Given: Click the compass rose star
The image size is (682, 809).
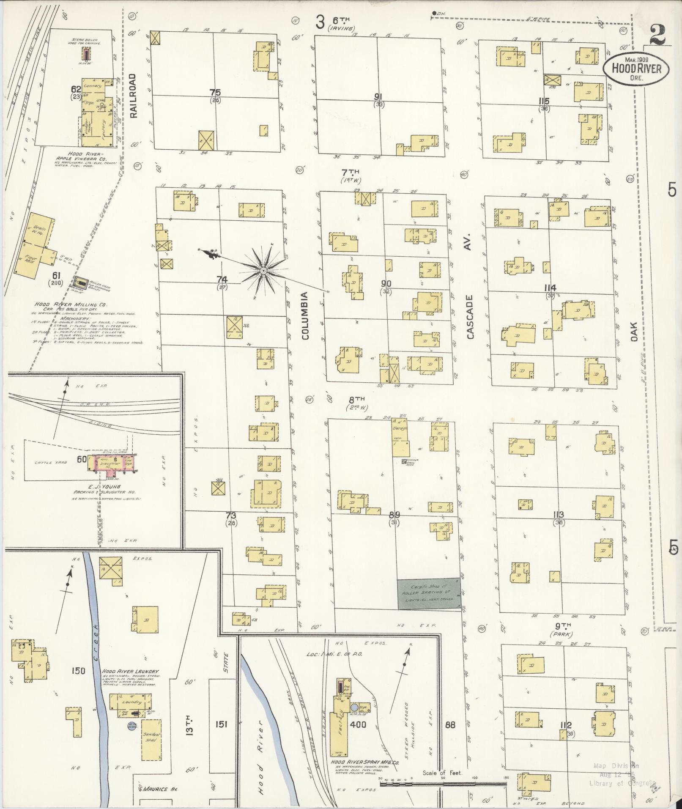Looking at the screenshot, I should pyautogui.click(x=263, y=270).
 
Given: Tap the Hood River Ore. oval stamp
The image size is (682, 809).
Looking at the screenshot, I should pyautogui.click(x=636, y=68).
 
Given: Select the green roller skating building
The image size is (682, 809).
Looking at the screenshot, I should pyautogui.click(x=429, y=594).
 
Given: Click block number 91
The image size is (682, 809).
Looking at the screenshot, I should pyautogui.click(x=378, y=96).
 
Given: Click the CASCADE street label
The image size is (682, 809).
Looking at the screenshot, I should pyautogui.click(x=470, y=316).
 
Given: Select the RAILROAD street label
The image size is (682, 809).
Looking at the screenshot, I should pyautogui.click(x=133, y=96).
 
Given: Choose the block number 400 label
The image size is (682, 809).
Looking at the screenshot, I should pyautogui.click(x=358, y=724).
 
